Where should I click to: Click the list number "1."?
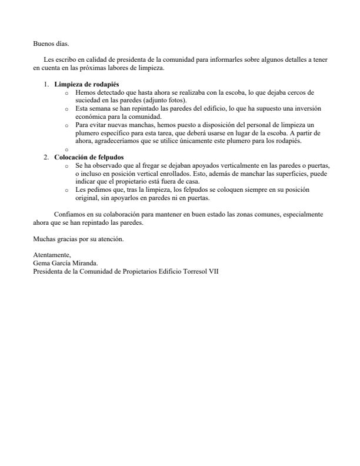tap(46, 85)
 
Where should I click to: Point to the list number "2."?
tap(46, 158)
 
